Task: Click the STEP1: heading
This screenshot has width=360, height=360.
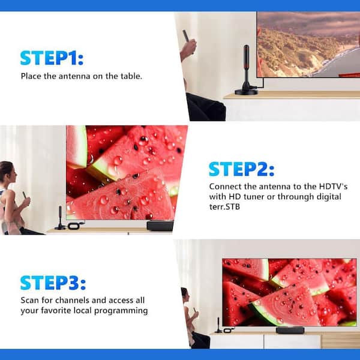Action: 52,58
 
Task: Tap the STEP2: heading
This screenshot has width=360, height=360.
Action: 241,169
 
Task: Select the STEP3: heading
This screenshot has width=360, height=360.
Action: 53,283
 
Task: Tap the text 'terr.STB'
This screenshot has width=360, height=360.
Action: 224,207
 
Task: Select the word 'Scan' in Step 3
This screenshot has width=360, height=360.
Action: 29,300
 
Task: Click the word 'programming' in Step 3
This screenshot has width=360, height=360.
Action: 121,311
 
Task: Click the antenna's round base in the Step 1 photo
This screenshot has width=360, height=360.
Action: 247,92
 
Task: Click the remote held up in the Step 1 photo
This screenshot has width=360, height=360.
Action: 186,36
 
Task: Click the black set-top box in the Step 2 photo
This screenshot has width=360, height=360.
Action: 160,226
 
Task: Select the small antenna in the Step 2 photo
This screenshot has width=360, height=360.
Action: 60,218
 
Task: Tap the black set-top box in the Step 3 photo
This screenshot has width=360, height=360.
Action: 290,330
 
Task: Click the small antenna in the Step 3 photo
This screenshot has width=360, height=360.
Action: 218,325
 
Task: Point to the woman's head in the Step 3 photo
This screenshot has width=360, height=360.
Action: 185,295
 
